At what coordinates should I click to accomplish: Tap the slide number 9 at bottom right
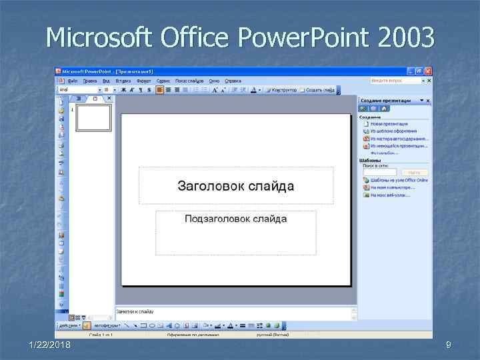(449, 344)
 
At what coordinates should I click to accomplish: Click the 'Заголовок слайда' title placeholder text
(235, 186)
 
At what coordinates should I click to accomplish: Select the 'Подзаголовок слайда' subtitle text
(235, 219)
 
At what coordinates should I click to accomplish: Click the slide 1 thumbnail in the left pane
(93, 118)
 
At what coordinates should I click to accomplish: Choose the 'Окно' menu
(214, 81)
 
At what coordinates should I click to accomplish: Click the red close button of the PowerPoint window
(427, 70)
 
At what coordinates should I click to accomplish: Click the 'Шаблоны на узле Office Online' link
(399, 180)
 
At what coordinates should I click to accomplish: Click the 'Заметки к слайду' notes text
(135, 311)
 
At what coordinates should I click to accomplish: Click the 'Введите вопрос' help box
(396, 81)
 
